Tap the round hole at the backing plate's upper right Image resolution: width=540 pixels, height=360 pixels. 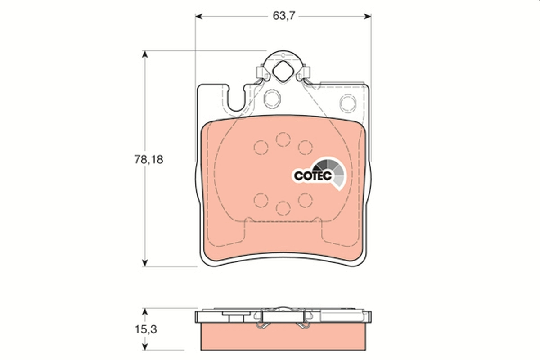(347, 103)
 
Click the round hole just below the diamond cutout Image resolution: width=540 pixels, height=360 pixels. (272, 98)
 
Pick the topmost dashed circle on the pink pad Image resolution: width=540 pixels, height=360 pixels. (283, 139)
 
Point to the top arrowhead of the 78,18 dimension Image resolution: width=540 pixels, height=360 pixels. (144, 54)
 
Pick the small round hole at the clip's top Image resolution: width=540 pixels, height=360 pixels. (283, 54)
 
